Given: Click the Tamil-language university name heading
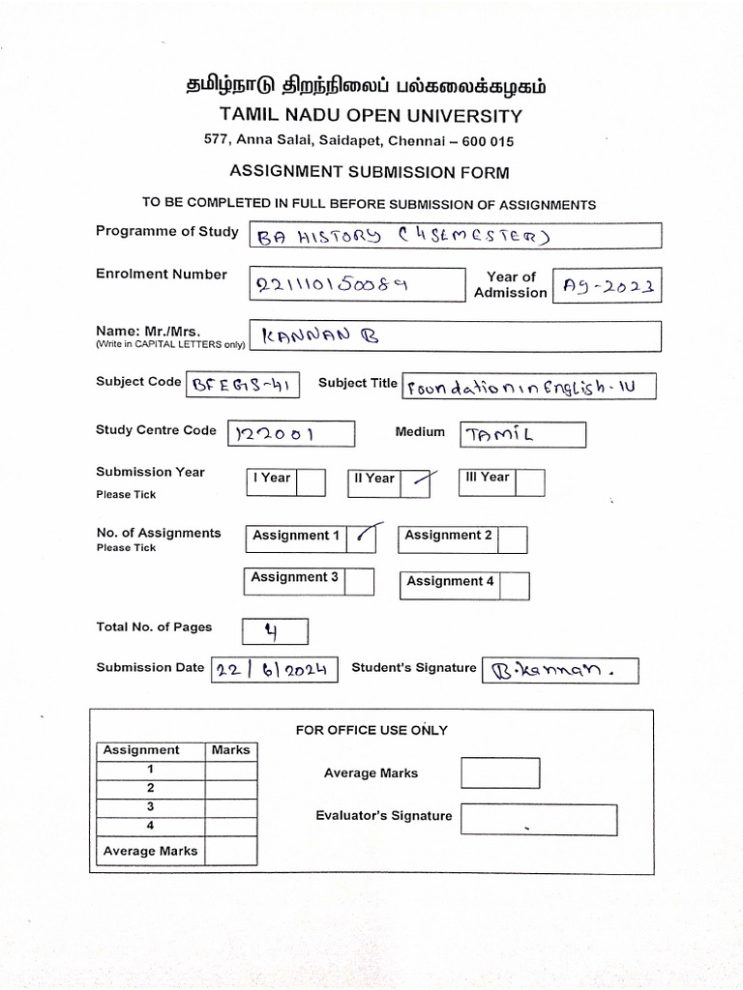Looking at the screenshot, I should (x=365, y=86).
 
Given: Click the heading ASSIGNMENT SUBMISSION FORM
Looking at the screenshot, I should (x=369, y=172).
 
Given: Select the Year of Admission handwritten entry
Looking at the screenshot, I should (x=607, y=285).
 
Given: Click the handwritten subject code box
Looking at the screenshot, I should (x=242, y=385).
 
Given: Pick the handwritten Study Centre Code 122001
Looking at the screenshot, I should (x=274, y=435).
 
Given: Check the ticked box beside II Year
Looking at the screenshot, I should (x=416, y=481).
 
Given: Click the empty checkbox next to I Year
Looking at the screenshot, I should (x=311, y=482).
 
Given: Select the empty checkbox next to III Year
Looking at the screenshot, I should (x=529, y=482).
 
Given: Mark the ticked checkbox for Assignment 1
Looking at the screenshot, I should (x=361, y=537).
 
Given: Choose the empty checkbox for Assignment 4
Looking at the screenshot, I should (x=515, y=585).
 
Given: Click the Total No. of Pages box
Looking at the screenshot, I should (x=274, y=631).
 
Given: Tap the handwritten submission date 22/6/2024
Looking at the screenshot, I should (x=274, y=669).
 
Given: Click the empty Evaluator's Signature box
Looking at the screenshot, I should (x=539, y=819).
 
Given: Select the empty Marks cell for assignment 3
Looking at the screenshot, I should (x=231, y=806).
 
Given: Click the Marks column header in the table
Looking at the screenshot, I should (x=231, y=750).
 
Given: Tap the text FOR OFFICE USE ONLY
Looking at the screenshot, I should (x=371, y=730).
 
